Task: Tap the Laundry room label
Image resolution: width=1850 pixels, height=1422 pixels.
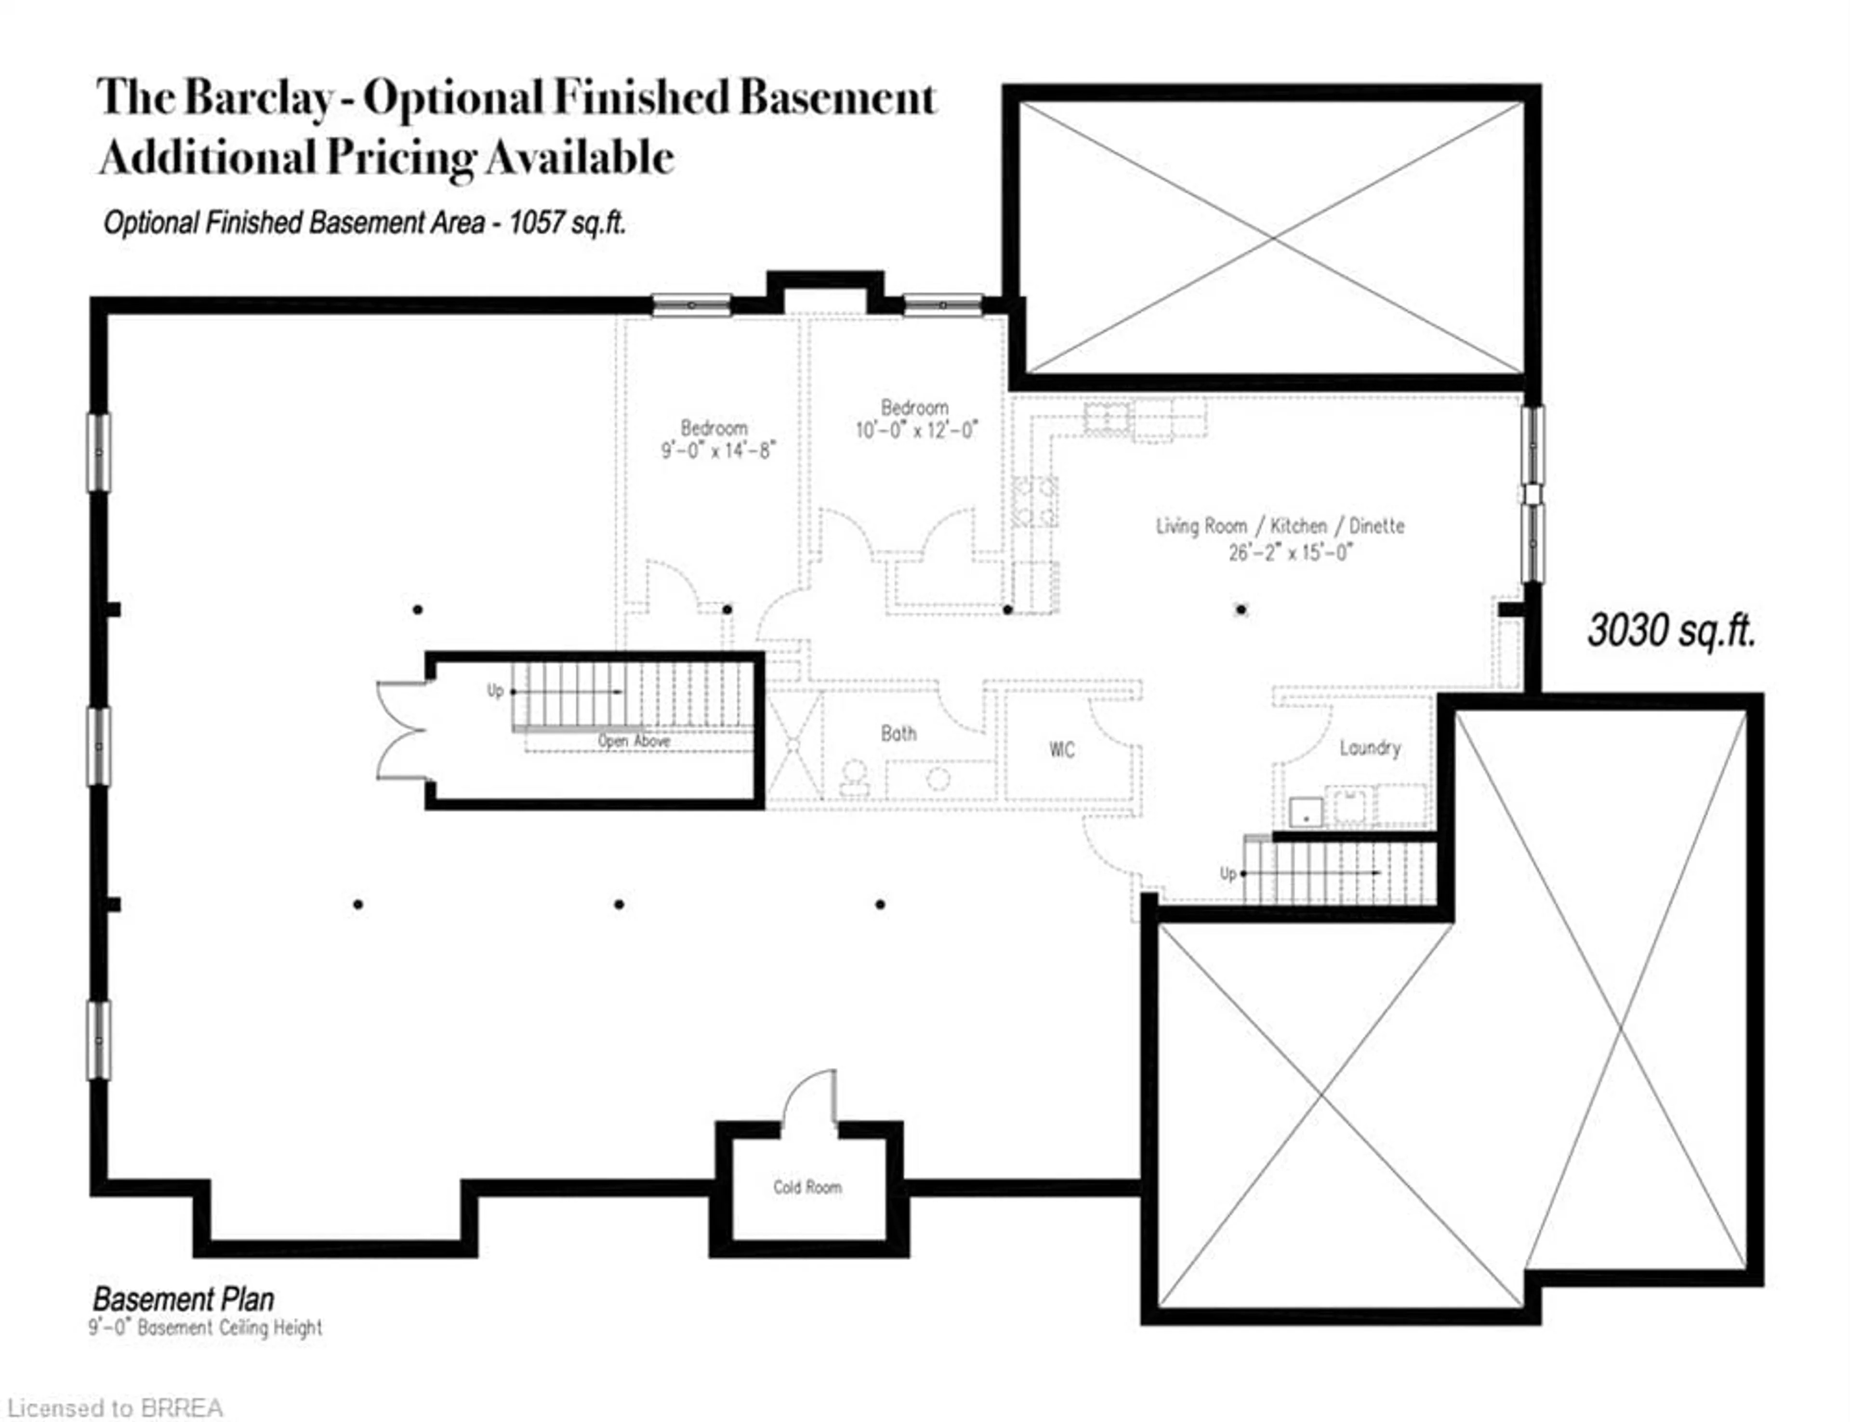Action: pos(1369,748)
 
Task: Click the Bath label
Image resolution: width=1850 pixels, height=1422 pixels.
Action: pos(898,733)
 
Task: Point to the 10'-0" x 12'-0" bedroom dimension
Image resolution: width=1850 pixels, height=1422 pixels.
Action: pos(916,430)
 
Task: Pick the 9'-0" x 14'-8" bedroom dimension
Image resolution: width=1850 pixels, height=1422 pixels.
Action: pos(718,450)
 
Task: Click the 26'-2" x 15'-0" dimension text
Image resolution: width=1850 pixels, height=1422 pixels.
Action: pos(1291,553)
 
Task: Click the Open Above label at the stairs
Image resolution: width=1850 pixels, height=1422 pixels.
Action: pos(634,741)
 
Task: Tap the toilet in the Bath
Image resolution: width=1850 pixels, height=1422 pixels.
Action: pos(854,777)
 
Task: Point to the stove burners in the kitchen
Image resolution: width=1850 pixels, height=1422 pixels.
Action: pos(1035,501)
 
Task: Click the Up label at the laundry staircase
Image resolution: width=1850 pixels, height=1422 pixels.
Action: pos(1227,873)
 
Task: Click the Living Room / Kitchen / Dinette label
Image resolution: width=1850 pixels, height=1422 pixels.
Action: pos(1280,526)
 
